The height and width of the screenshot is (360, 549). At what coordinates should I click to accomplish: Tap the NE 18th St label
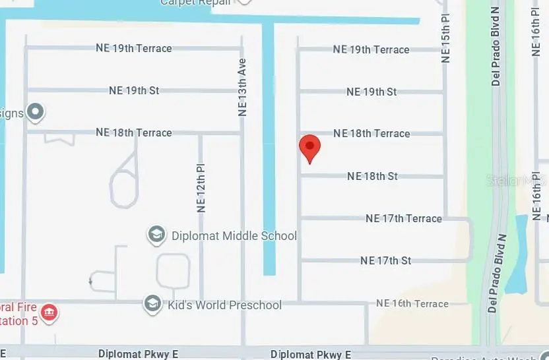372,176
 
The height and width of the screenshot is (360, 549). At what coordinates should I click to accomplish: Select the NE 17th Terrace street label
403,218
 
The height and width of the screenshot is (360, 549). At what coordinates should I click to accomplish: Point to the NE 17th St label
386,260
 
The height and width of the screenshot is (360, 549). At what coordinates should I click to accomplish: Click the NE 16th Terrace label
412,303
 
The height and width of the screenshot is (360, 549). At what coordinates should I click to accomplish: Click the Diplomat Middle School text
234,235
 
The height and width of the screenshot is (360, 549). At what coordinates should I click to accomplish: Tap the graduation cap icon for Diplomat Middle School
156,235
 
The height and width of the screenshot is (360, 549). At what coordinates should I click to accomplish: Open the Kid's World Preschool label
226,305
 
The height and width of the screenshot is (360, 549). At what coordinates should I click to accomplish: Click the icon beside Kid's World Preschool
153,304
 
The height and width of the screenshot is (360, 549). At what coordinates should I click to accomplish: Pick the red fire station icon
49,311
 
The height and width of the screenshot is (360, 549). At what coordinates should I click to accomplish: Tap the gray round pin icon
36,113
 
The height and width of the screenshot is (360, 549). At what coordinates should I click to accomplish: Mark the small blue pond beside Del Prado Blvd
517,254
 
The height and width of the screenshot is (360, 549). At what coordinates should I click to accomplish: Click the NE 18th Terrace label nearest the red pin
371,133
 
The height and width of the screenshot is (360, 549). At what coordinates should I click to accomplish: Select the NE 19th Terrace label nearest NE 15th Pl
371,49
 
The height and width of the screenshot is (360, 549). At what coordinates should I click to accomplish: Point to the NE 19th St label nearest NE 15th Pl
371,92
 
